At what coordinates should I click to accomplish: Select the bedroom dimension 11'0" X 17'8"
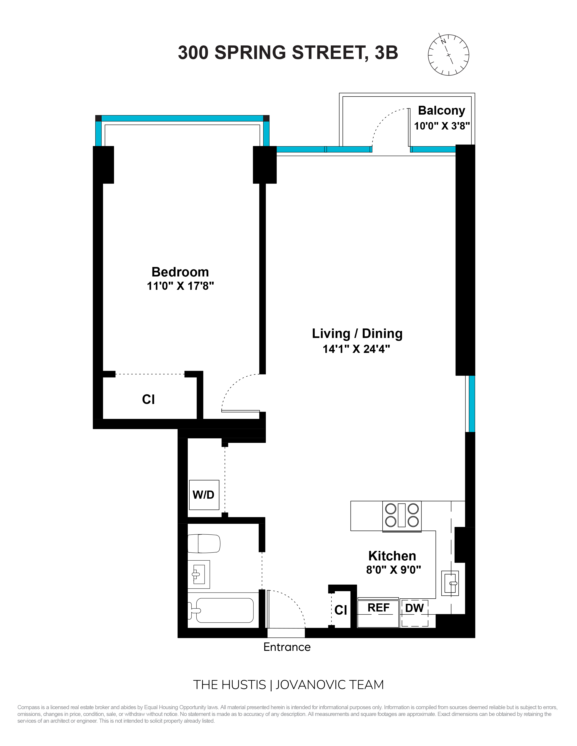coord(180,286)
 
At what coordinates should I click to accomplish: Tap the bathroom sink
coord(199,574)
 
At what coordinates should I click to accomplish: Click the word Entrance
coord(287,647)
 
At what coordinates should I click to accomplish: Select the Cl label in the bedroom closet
coord(148,399)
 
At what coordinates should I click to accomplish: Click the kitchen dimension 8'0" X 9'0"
coord(393,570)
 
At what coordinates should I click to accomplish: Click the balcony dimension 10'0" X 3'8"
coord(442,126)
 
